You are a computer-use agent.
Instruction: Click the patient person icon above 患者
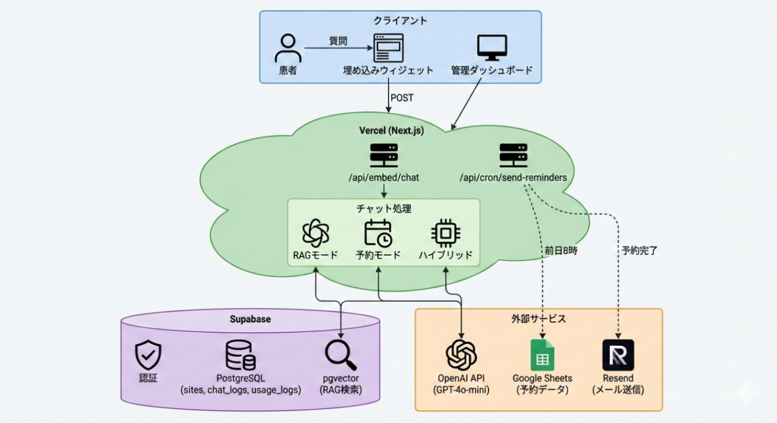pos(288,48)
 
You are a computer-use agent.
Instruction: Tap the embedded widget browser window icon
pos(388,48)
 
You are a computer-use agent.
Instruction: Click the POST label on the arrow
pos(402,98)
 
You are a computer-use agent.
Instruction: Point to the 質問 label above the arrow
pos(338,41)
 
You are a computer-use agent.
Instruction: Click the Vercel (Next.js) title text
pos(391,131)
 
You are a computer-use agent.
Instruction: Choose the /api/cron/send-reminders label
pos(512,178)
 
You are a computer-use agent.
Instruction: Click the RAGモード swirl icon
pos(315,233)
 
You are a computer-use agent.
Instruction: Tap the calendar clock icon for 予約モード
pos(378,233)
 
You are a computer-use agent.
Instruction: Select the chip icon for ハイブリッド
pos(445,233)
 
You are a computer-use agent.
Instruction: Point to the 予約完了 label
pos(639,251)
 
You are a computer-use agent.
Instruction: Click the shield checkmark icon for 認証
pos(148,355)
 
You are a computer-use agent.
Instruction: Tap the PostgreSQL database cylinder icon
pos(240,355)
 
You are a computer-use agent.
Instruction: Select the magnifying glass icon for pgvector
pos(341,354)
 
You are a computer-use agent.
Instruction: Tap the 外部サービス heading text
pos(538,319)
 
